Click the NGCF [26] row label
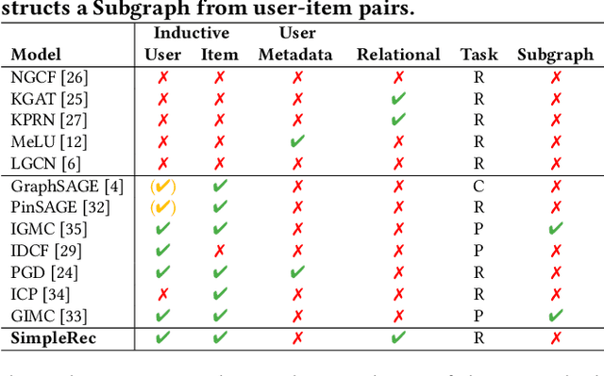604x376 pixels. point(44,76)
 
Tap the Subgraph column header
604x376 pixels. point(555,55)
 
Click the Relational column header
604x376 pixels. point(398,55)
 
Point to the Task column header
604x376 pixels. point(478,55)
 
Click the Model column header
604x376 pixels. point(36,55)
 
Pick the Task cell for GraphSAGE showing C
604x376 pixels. point(478,186)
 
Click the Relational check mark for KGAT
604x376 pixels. point(398,98)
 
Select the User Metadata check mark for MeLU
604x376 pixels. point(297,141)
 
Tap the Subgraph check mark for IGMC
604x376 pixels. point(555,229)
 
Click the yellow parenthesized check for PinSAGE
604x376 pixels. point(163,207)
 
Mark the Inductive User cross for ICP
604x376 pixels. point(163,294)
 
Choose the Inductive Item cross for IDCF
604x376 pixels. point(219,251)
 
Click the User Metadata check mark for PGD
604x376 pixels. point(297,272)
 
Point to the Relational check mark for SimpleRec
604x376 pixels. point(398,337)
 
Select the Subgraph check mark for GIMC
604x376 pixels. point(555,316)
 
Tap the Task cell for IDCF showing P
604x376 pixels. point(478,251)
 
